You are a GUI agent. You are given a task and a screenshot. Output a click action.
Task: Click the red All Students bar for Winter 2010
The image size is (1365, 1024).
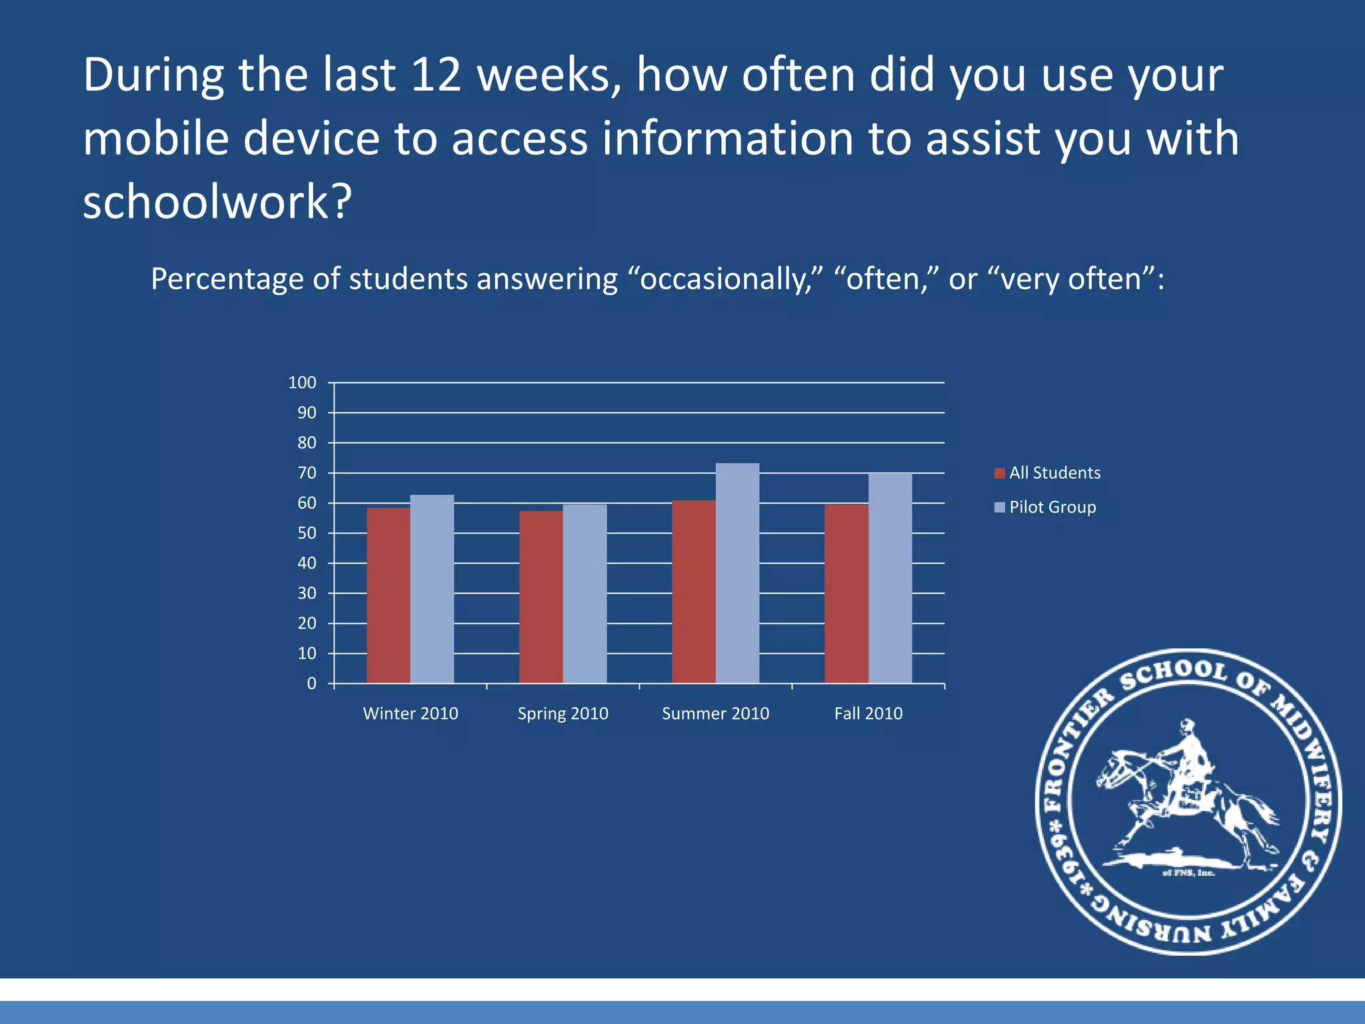(388, 595)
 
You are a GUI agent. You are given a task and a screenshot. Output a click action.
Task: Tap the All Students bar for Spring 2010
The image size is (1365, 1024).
(541, 597)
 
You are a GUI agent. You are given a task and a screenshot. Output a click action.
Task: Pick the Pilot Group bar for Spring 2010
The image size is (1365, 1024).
(585, 593)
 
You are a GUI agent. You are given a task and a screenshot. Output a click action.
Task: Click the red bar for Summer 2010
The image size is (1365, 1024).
(693, 591)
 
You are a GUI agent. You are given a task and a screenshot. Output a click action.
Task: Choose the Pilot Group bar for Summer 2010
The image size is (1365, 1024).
(737, 573)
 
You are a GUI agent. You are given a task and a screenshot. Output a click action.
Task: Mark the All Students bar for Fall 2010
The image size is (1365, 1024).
(846, 593)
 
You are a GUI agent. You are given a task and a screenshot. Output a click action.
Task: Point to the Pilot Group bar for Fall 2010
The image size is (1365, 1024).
(890, 578)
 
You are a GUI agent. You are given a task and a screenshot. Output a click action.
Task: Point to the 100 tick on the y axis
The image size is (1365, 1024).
(302, 383)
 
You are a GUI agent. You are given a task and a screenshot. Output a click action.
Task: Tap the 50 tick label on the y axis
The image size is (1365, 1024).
(307, 533)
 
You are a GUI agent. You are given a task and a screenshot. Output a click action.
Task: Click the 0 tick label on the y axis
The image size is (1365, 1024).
(311, 684)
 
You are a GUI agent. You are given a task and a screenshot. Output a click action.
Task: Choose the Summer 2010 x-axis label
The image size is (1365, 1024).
(715, 714)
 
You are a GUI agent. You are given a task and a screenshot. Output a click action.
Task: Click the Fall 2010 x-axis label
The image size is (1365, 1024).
(868, 714)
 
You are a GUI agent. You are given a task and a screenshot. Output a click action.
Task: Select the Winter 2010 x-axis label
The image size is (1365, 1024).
(411, 714)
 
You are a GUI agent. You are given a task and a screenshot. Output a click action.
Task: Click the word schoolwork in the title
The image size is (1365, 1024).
(217, 202)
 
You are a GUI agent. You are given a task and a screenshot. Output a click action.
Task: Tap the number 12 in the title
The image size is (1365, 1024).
(437, 75)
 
